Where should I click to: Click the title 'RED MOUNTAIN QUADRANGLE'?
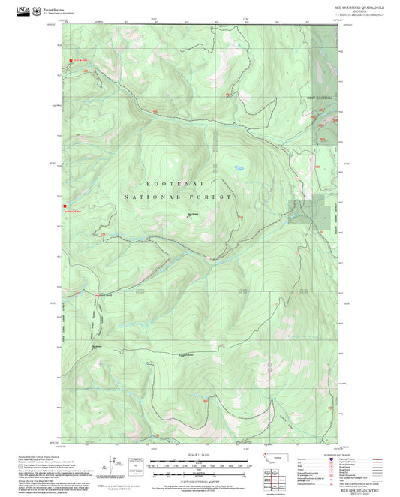[358, 5]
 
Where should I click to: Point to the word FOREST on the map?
[214, 196]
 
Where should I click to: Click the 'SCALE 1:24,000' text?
[200, 455]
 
